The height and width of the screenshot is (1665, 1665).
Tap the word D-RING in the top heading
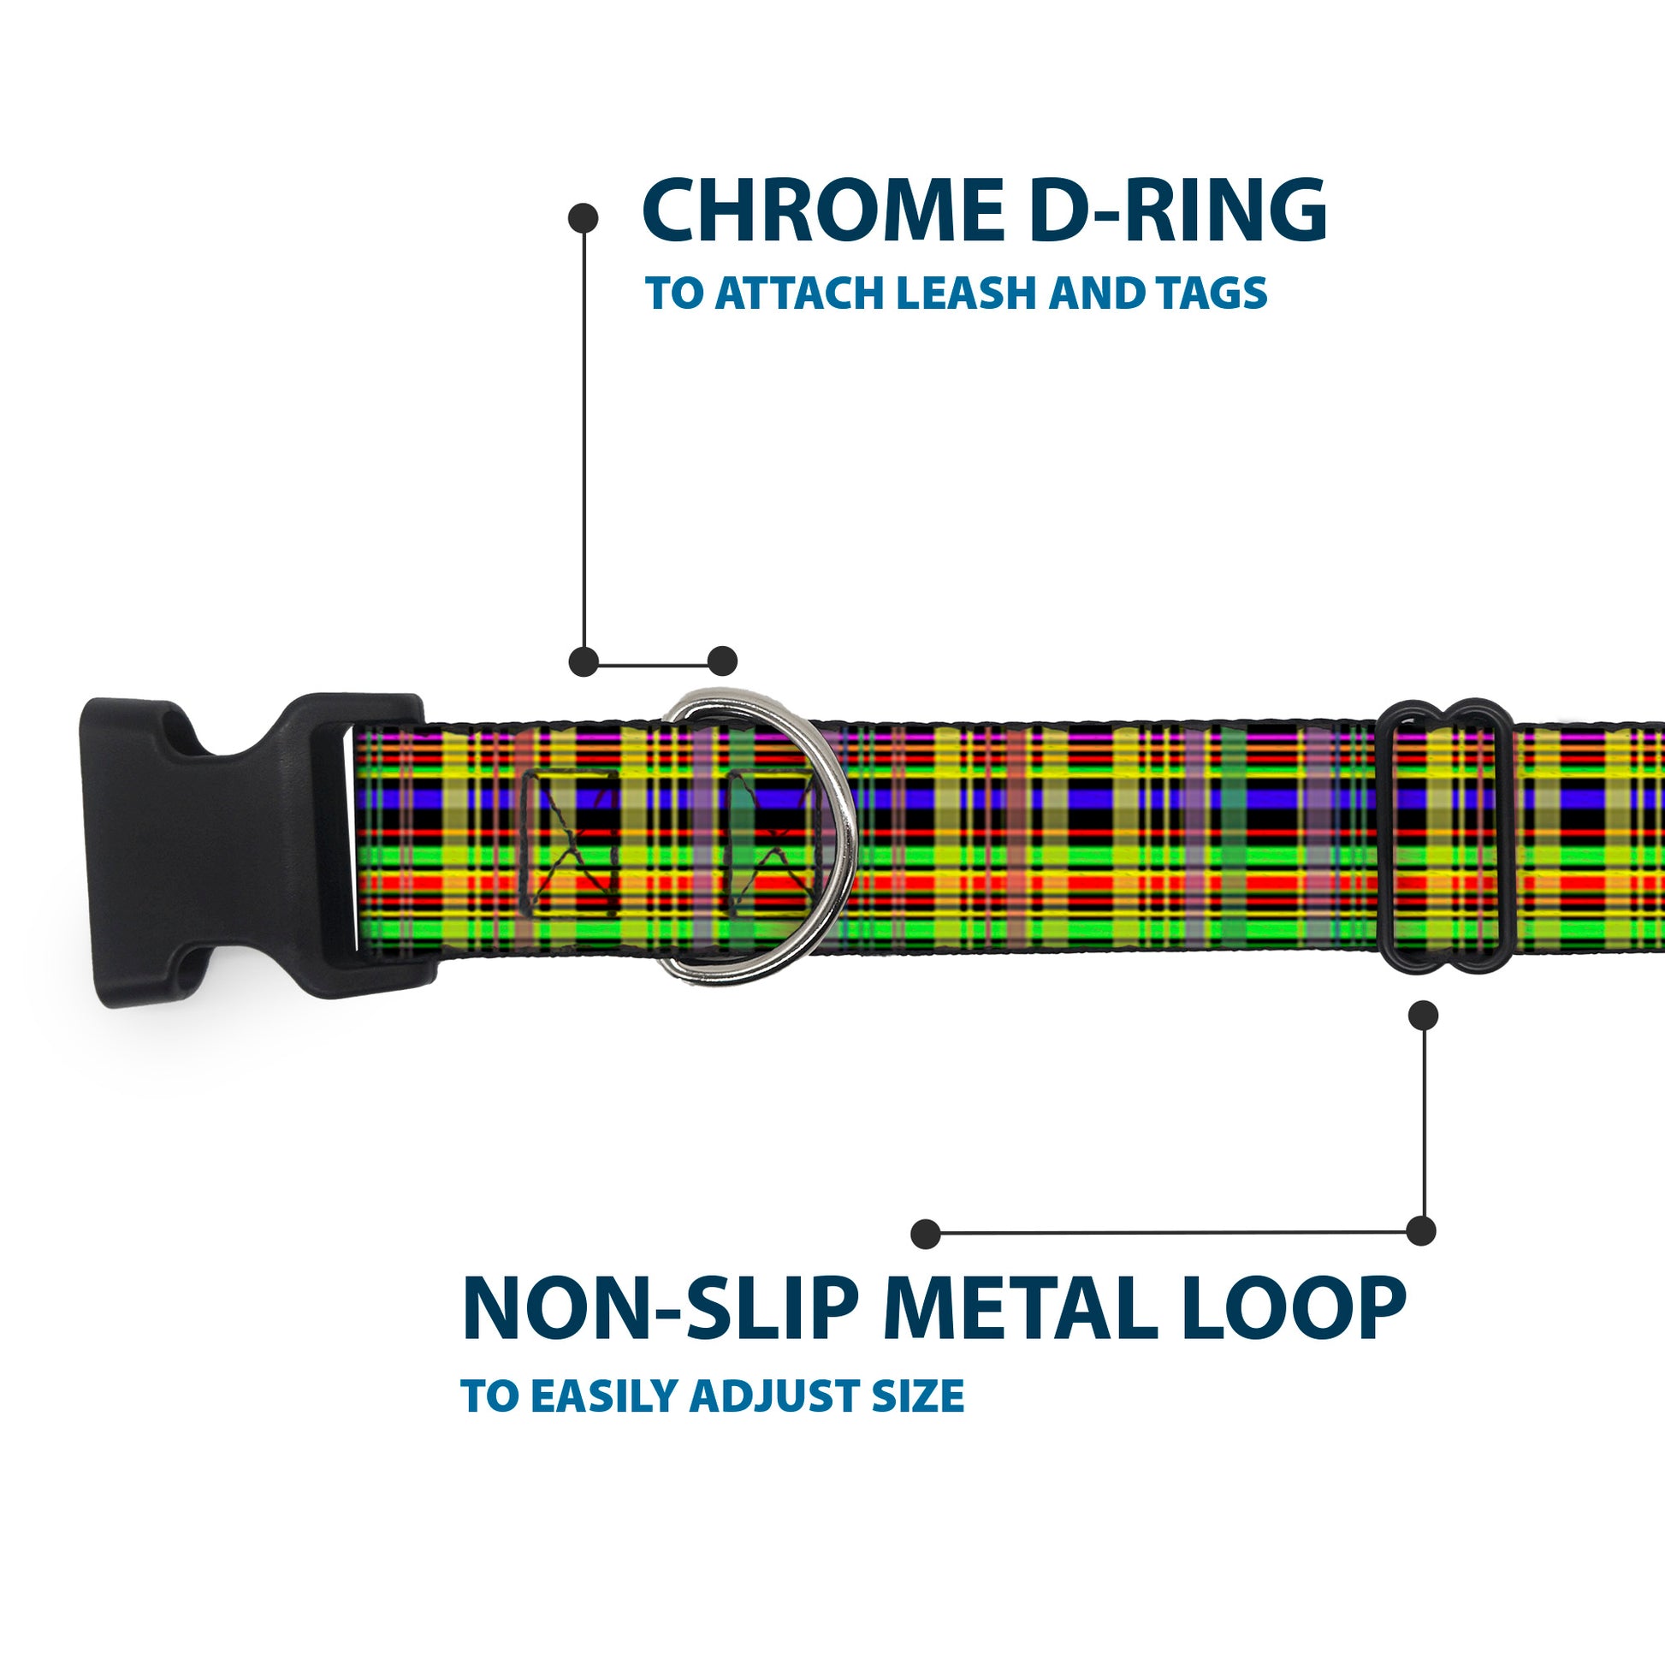(x=1177, y=210)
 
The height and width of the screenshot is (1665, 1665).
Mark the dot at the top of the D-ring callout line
(x=584, y=218)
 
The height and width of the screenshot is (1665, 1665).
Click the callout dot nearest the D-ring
(x=722, y=662)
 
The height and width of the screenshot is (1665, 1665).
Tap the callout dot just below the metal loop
(x=1423, y=1016)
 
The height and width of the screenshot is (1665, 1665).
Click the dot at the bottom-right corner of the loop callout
(x=1421, y=1230)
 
